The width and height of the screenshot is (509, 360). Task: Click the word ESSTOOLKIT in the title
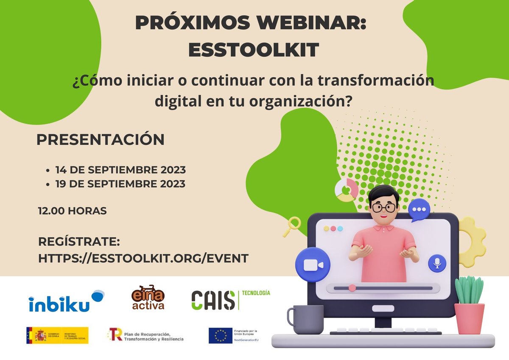point(253,50)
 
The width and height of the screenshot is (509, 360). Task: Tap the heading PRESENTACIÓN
point(100,140)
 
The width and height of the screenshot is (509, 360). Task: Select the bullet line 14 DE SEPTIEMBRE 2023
point(120,170)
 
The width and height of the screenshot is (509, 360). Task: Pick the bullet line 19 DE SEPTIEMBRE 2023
point(120,184)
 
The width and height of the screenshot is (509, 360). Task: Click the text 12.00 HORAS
point(72,211)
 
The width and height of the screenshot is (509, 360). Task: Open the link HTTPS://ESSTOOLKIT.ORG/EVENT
point(143,258)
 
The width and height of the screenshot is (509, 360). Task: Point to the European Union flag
point(220,335)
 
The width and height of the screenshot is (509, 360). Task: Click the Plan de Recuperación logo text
point(153,337)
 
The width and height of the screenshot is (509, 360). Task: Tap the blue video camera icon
point(313,264)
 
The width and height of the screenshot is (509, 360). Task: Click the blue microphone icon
point(437,264)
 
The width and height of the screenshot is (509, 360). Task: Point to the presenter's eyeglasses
point(384,208)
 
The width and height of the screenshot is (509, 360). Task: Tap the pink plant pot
point(470,318)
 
